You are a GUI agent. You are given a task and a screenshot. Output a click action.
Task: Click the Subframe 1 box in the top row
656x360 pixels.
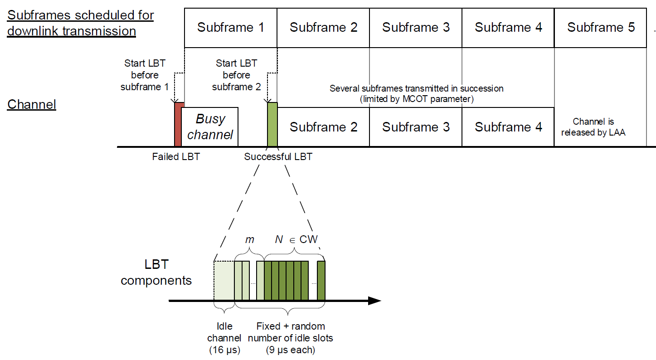[x=230, y=28]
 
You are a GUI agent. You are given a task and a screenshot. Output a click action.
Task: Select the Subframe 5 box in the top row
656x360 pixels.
[x=601, y=28]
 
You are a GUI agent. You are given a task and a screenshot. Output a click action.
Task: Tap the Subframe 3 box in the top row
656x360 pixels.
[x=416, y=28]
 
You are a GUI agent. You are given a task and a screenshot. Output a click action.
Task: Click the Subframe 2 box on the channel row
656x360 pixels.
[x=323, y=127]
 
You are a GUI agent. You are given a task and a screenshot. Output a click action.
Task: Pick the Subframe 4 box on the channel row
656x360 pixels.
[x=508, y=127]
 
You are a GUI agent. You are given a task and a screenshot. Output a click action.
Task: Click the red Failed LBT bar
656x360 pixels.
[x=178, y=125]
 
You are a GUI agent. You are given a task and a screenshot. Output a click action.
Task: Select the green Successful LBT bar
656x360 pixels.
[x=272, y=125]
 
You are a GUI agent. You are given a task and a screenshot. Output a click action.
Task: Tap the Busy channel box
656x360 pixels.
[x=210, y=127]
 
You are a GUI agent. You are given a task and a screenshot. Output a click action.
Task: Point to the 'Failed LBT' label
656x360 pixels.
[x=176, y=157]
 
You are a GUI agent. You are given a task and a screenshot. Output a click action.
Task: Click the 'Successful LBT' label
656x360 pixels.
[x=278, y=157]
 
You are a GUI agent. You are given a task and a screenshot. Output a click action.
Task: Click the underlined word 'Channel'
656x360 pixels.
[x=32, y=105]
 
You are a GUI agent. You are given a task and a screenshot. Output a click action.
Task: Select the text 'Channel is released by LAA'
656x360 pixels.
[x=593, y=127]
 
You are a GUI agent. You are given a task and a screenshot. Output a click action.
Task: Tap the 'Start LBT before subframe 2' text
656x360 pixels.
[x=236, y=75]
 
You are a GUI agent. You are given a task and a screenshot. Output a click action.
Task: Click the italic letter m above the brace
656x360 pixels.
[x=249, y=239]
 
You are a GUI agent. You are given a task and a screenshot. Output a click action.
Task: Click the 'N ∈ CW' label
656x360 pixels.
[x=296, y=239]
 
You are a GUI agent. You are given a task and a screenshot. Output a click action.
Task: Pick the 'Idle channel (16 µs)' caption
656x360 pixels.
[x=224, y=338]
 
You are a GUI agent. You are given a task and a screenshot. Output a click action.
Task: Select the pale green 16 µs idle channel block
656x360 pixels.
[x=224, y=281]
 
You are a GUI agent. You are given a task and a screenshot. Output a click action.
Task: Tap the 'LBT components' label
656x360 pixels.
[x=156, y=272]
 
